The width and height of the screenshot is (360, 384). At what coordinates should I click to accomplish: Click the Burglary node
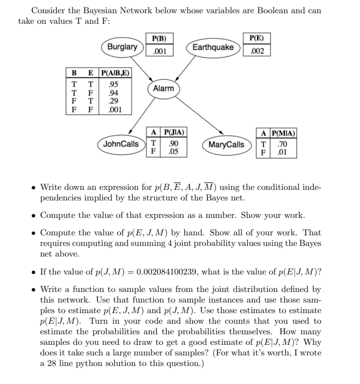[x=122, y=47]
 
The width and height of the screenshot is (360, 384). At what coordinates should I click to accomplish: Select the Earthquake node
[x=213, y=48]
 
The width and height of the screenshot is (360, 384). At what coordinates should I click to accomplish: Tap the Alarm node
[x=163, y=88]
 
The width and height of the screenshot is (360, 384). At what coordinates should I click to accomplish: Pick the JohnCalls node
[x=121, y=144]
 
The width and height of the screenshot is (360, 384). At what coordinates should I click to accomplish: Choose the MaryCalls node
[x=227, y=144]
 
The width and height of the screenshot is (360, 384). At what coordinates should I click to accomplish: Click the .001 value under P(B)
[x=159, y=51]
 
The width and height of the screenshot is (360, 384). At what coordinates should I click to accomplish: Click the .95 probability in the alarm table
[x=112, y=84]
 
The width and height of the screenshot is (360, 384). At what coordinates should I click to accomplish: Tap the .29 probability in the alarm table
[x=112, y=101]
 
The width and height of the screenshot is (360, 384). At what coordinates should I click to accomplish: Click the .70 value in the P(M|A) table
[x=282, y=143]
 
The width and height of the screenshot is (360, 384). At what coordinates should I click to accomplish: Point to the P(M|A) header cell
[x=283, y=133]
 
